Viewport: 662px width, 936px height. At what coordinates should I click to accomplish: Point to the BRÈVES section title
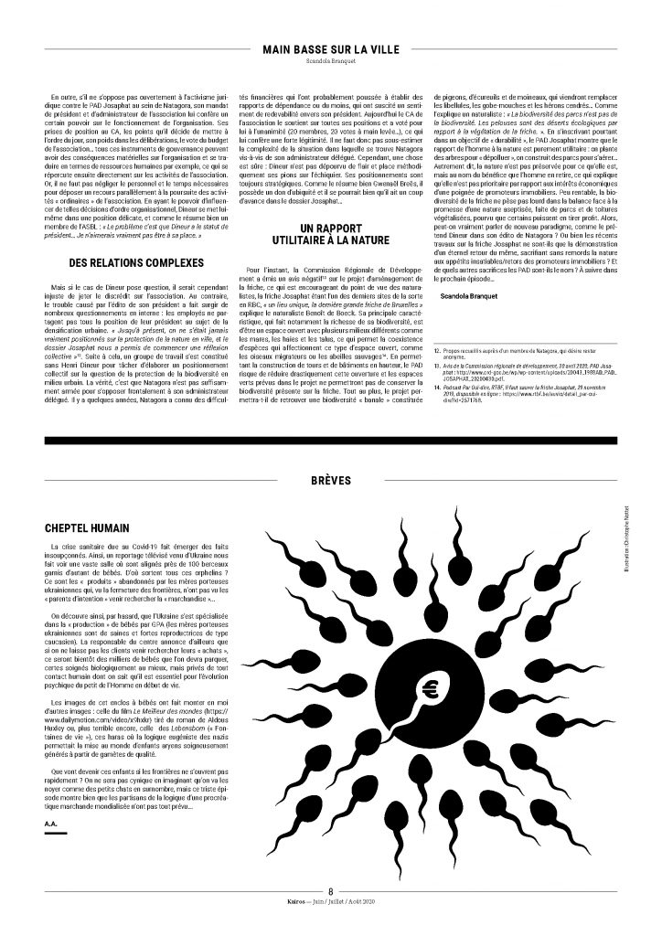pos(330,479)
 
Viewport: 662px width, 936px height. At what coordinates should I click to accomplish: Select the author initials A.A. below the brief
pos(50,825)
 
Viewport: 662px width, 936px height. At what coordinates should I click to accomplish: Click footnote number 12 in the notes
pos(437,350)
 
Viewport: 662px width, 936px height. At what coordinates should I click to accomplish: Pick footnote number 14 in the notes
pos(437,387)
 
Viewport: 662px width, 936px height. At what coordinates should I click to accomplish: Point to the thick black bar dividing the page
pos(330,441)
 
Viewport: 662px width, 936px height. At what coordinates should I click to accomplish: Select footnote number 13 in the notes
pos(437,364)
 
